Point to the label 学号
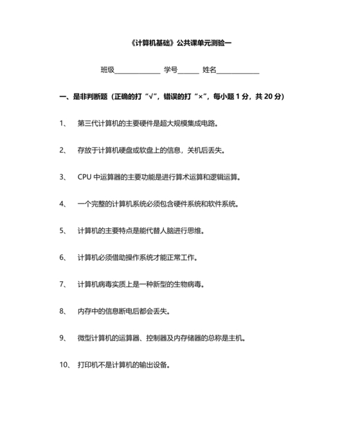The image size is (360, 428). (170, 70)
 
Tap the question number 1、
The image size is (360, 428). (63, 124)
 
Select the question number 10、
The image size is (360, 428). (64, 365)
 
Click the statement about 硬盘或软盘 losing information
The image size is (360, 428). (150, 151)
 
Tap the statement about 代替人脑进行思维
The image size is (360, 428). (141, 230)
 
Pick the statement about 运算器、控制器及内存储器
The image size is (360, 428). (161, 338)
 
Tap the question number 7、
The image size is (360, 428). (63, 284)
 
